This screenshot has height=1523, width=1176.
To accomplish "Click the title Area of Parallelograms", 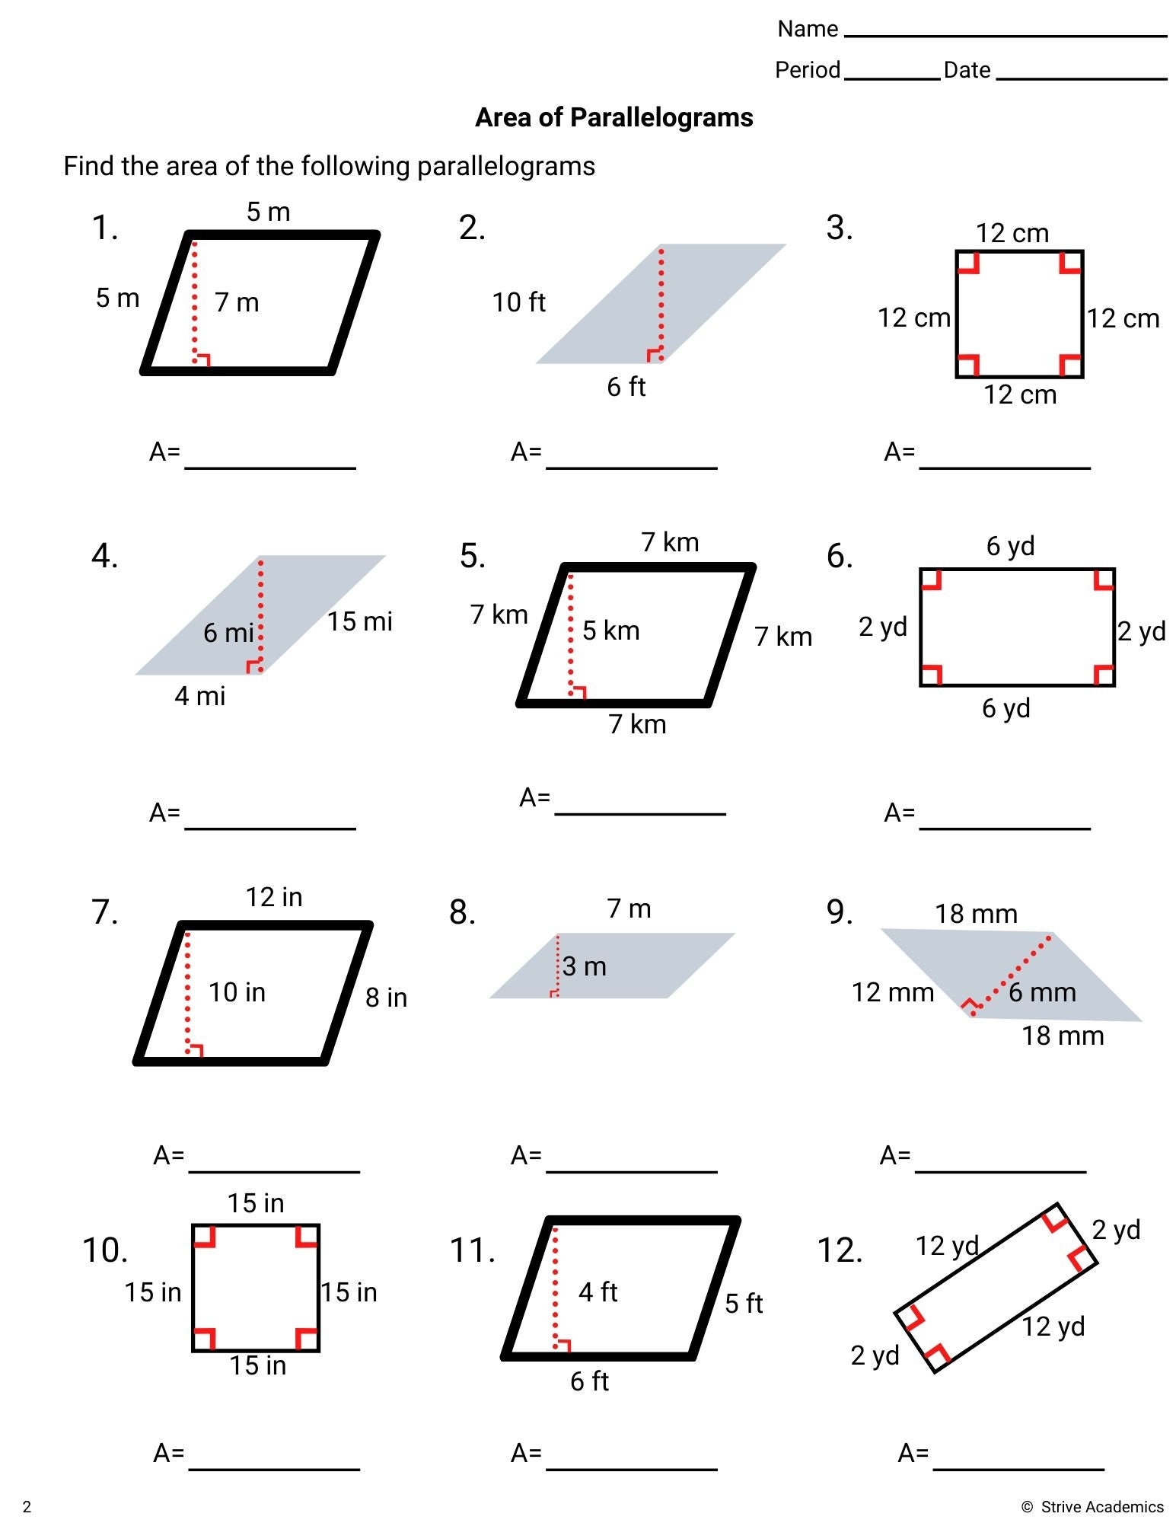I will pos(613,117).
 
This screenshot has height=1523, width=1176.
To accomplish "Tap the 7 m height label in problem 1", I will pos(237,302).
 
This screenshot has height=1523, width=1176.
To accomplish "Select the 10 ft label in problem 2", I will pos(518,302).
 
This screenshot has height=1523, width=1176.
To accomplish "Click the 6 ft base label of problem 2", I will pos(626,387).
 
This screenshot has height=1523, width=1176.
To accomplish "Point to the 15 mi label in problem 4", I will pos(359,621).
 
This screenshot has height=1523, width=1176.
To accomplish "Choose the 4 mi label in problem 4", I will pos(200,696).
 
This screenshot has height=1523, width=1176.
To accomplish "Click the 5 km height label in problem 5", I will pos(610,631).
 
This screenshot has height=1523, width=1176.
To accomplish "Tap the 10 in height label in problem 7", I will pos(237,992).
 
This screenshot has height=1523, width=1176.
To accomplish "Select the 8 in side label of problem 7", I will pos(386,998).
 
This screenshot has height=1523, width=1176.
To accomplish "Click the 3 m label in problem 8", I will pos(585,966).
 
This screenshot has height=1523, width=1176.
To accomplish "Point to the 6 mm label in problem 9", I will pos(1042,992).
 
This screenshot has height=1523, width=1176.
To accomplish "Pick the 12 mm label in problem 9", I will pos(892,992).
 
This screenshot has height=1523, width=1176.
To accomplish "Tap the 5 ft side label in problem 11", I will pos(743,1304).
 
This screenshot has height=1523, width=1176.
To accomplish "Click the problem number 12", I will pos(840,1250).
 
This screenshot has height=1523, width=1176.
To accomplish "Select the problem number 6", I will pos(840,557).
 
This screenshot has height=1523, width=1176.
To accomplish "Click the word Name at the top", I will pos(807,29).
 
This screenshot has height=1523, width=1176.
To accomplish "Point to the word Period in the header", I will pos(807,70).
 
